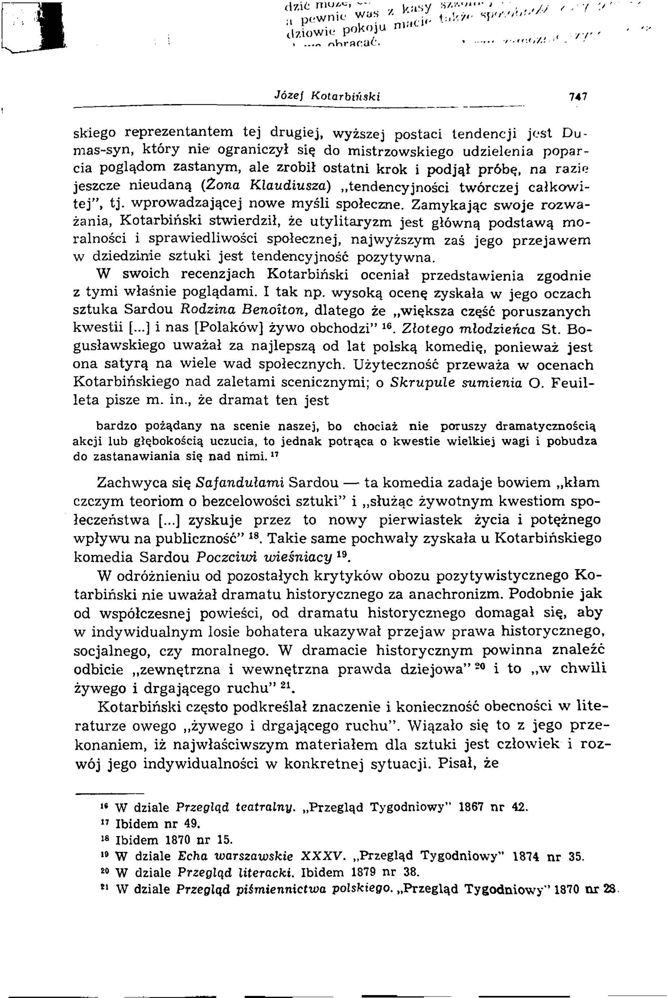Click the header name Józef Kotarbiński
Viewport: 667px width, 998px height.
pyautogui.click(x=327, y=97)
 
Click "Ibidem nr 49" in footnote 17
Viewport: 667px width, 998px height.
pyautogui.click(x=157, y=824)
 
